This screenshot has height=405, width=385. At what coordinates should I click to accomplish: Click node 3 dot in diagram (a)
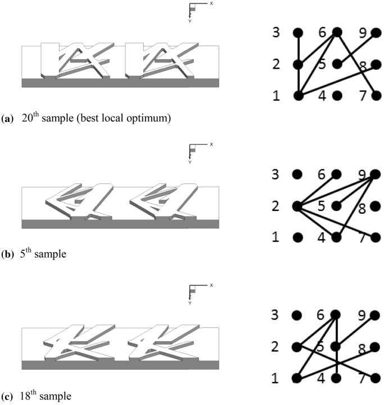(298, 32)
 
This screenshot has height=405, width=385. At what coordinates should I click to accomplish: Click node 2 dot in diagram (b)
(298, 206)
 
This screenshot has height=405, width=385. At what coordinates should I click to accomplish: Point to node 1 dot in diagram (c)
(298, 379)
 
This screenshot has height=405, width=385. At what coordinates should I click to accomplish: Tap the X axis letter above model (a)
(211, 3)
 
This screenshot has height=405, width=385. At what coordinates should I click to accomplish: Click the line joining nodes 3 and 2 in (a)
(298, 48)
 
